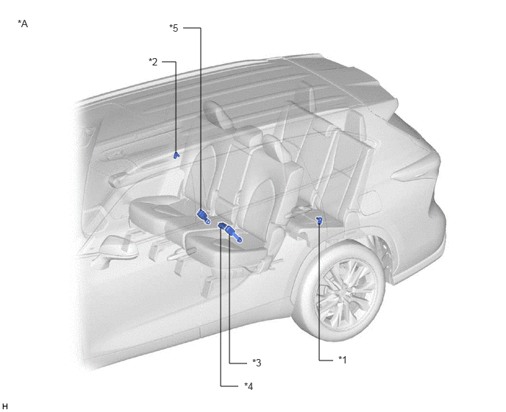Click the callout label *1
343,359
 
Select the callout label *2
153,62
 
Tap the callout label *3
257,363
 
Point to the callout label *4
249,386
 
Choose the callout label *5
174,28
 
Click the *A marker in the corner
23,24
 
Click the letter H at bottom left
5,406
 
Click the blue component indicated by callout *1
319,221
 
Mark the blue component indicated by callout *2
176,155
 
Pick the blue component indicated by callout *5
204,216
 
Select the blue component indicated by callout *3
234,233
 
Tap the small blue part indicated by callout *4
222,226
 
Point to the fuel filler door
370,203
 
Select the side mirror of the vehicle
118,247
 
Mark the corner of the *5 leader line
201,28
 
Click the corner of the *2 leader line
176,61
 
